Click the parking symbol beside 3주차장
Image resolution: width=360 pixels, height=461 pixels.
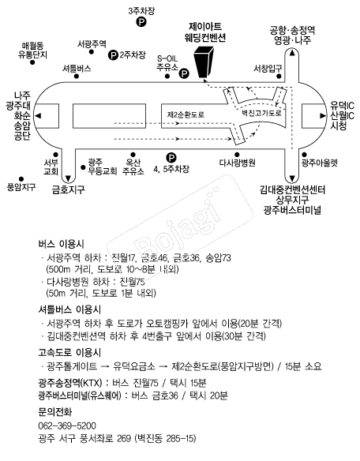tap(141, 21)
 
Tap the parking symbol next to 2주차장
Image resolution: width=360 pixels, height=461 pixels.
tap(113, 54)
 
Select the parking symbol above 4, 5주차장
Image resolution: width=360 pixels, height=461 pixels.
tap(171, 158)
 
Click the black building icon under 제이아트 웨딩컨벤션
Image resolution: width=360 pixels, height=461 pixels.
tap(204, 62)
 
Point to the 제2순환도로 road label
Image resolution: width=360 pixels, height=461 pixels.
tap(186, 114)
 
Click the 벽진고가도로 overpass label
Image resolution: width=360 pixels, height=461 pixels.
tap(262, 113)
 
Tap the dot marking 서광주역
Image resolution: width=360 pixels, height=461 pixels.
tap(92, 52)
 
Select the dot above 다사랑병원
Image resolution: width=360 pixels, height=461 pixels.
tap(237, 155)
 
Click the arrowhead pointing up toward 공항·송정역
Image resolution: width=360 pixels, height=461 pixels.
tap(292, 53)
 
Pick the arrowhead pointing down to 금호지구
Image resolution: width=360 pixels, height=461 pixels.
tap(69, 178)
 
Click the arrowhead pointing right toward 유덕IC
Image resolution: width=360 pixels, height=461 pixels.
tap(323, 115)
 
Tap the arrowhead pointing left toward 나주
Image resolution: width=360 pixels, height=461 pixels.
tap(38, 115)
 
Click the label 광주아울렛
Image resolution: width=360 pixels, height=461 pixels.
tap(320, 163)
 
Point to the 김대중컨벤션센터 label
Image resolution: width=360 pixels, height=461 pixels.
tap(292, 190)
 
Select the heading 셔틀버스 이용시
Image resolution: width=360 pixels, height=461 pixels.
tap(69, 309)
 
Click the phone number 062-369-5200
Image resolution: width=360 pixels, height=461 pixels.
tap(67, 425)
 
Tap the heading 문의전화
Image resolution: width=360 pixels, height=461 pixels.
tap(55, 412)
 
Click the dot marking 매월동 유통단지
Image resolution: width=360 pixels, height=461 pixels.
tap(32, 62)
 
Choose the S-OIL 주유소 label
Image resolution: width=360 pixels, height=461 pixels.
tap(167, 63)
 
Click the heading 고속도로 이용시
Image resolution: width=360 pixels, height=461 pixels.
tap(69, 352)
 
